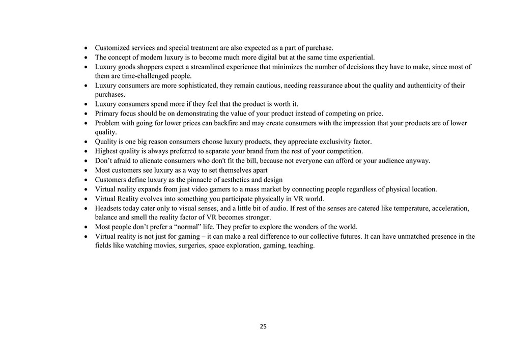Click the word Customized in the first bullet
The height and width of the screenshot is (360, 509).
click(112, 48)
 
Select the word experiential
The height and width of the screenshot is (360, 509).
click(356, 57)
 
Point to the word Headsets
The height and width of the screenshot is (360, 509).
click(109, 208)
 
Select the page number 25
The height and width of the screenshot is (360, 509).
click(263, 326)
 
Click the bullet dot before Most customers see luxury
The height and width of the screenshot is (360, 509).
click(87, 171)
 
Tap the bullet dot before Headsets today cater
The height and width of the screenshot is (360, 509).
click(87, 209)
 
